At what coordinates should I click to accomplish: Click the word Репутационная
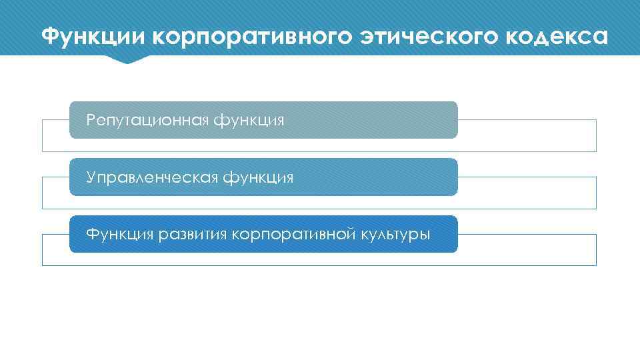pyautogui.click(x=149, y=121)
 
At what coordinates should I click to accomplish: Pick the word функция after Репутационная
pyautogui.click(x=249, y=121)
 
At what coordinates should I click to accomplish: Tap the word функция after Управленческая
pyautogui.click(x=258, y=178)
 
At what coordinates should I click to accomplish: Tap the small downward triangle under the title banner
pyautogui.click(x=126, y=59)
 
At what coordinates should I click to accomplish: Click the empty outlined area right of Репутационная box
pyautogui.click(x=527, y=135)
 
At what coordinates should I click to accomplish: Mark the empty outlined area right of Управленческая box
pyautogui.click(x=527, y=193)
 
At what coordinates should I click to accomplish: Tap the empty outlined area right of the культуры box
pyautogui.click(x=527, y=250)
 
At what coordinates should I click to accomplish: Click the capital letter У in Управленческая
pyautogui.click(x=91, y=178)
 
